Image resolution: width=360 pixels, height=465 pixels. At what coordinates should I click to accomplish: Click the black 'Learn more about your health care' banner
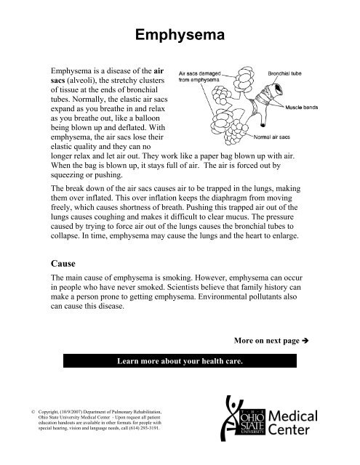(x=180, y=363)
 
